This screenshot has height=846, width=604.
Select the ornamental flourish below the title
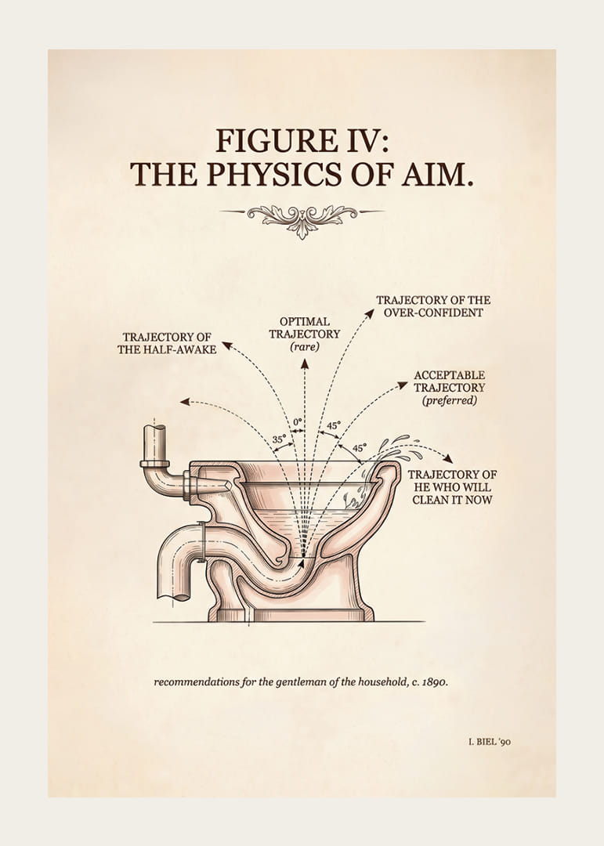[302, 218]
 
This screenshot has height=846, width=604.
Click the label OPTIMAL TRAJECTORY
[305, 327]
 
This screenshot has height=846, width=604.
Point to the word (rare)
[305, 347]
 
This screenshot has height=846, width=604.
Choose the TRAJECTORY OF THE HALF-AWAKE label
[167, 343]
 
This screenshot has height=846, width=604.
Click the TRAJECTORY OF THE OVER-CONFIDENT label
[433, 306]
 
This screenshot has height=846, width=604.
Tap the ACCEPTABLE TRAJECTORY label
[450, 381]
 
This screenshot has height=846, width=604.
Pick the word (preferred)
[450, 401]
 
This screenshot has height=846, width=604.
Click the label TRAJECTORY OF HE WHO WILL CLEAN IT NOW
[452, 487]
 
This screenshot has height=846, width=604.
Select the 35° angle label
[279, 439]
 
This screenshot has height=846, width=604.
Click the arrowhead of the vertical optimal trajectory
[305, 363]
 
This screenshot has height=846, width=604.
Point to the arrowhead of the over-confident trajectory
[370, 313]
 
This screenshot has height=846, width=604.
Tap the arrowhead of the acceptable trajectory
[403, 384]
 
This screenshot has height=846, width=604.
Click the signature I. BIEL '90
[489, 742]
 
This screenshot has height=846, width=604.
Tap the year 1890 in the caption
[433, 682]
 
